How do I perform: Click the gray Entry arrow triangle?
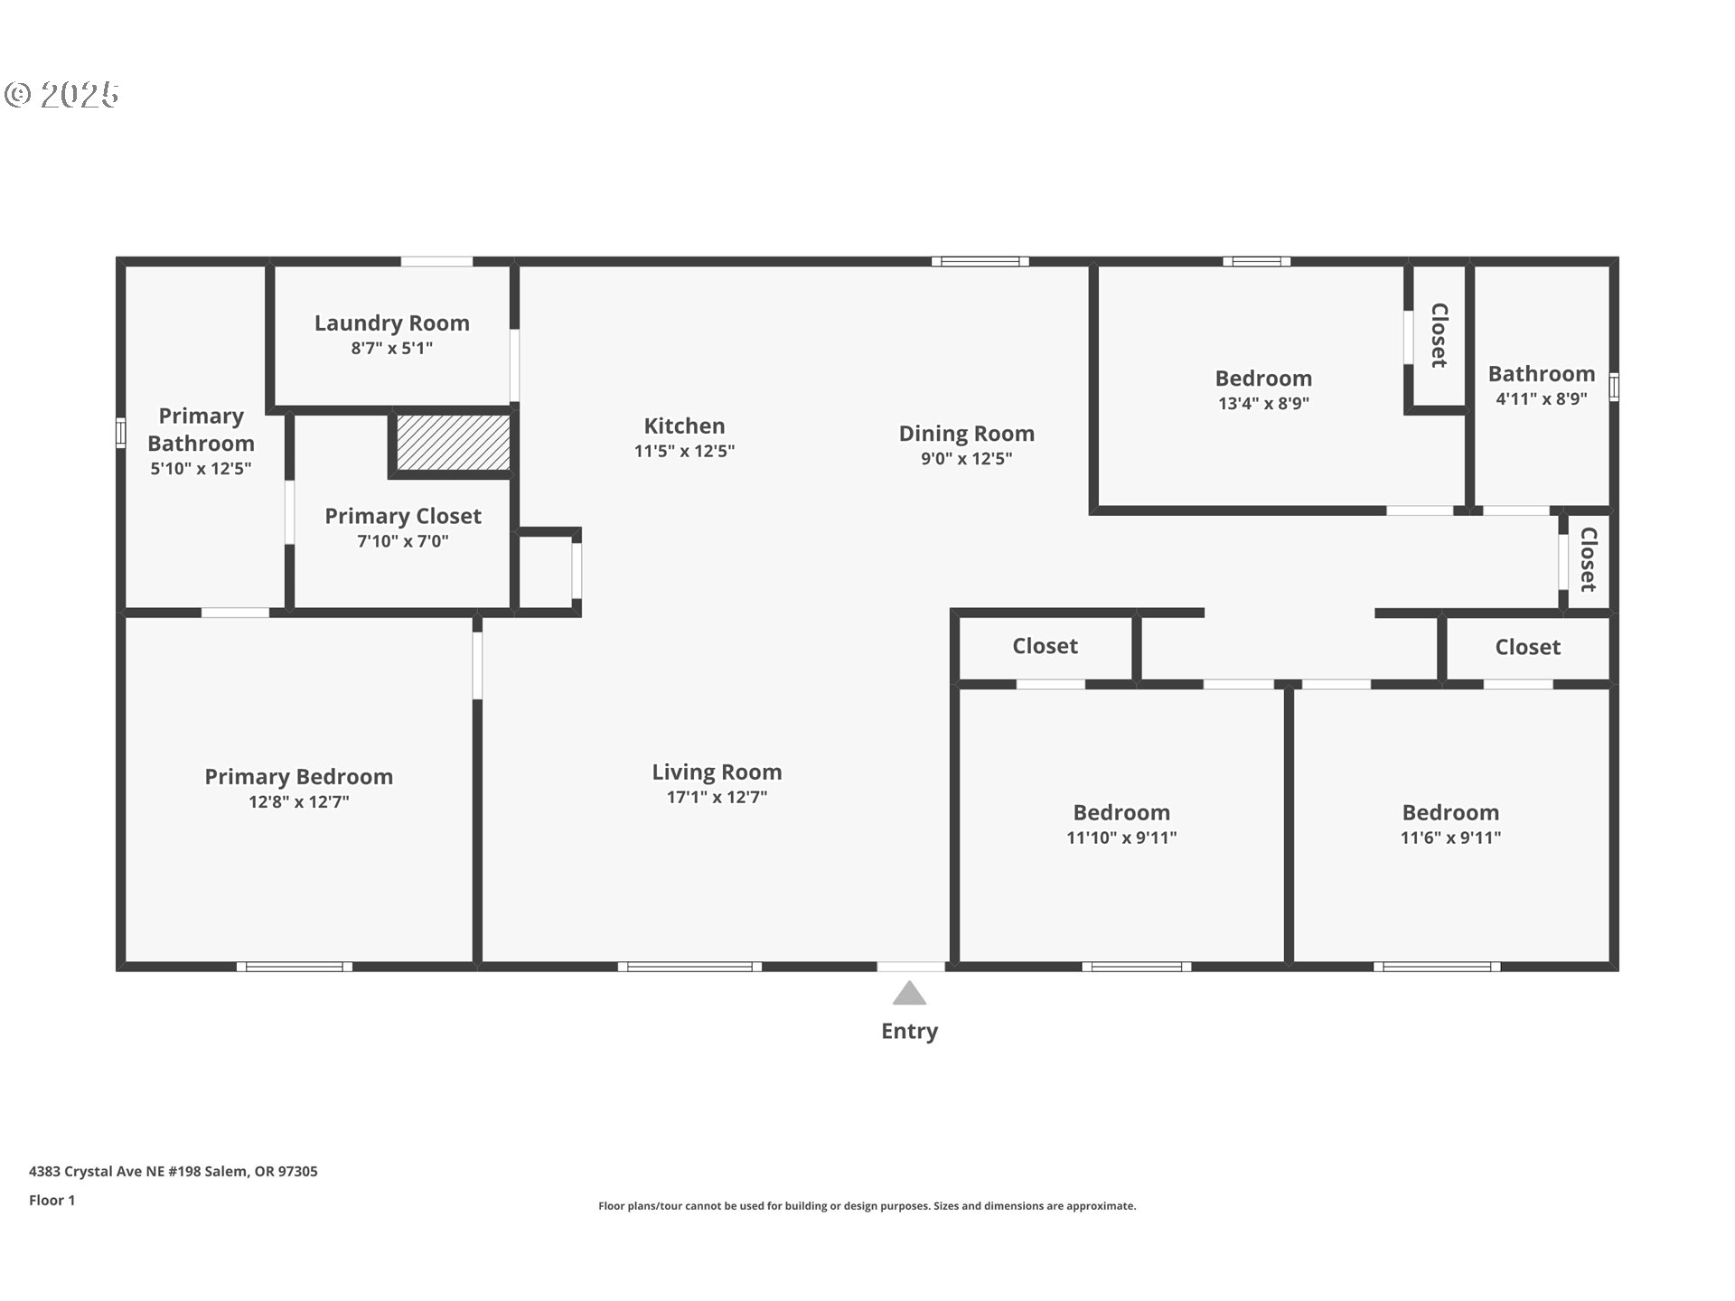[909, 994]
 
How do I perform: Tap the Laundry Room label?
[391, 323]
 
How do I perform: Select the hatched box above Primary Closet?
[453, 443]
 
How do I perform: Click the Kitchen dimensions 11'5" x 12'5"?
[684, 451]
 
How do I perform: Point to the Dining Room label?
[966, 434]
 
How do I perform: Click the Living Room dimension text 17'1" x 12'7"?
[717, 797]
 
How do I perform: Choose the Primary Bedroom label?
[298, 777]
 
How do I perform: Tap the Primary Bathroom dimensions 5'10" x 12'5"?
[201, 468]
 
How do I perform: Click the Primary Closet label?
[402, 516]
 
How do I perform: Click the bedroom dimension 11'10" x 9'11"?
[1121, 838]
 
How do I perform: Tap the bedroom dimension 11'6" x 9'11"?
[1449, 838]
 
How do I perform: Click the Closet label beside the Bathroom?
[1439, 335]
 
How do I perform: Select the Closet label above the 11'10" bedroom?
[1045, 646]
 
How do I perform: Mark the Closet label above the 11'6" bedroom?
[1527, 647]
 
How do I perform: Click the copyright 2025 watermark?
[61, 95]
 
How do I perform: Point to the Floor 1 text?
[52, 1200]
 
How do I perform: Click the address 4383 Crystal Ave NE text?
[173, 1171]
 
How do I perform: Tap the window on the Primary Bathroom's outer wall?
[120, 433]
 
